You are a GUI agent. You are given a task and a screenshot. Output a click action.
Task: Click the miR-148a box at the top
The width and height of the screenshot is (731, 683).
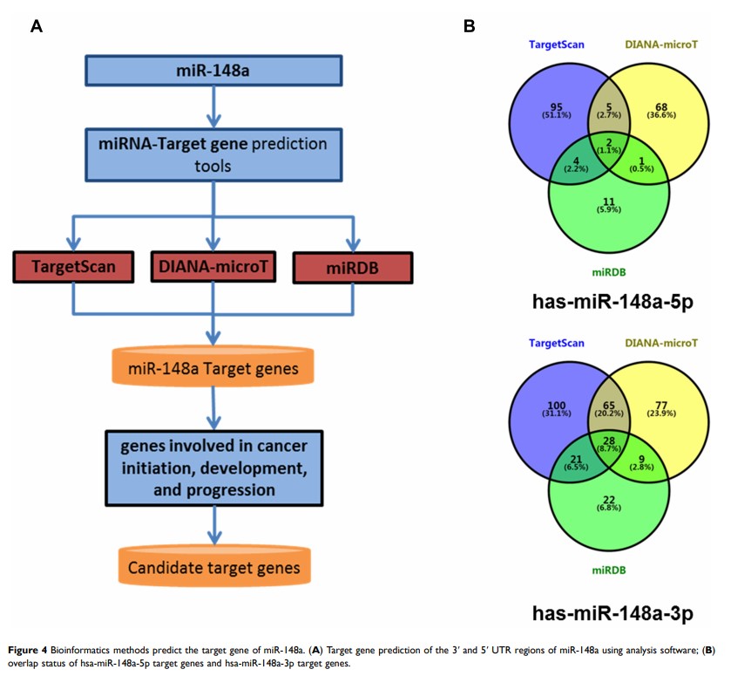coord(214,71)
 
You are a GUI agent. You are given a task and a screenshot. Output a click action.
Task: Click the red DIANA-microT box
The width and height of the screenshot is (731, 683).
coord(213,266)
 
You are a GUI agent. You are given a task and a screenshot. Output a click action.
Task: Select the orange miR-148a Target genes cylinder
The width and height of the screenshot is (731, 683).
coord(214,369)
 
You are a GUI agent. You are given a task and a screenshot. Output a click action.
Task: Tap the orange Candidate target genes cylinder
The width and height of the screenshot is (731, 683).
coord(214,568)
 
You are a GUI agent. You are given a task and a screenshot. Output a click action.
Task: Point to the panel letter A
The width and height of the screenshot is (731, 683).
coord(36,26)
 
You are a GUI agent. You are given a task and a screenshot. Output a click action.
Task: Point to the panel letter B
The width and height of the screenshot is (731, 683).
coord(469,26)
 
